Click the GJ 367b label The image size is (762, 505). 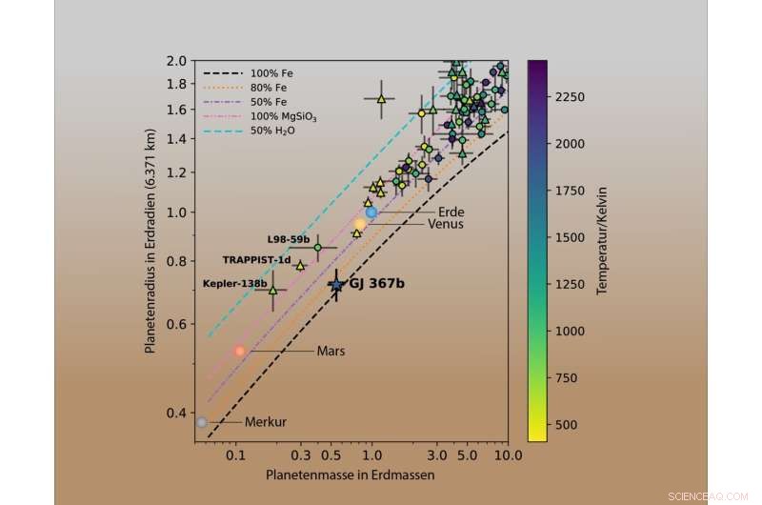(x=376, y=284)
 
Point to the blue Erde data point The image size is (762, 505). (x=371, y=212)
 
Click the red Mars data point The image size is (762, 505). (x=240, y=351)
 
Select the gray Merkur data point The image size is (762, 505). (x=201, y=422)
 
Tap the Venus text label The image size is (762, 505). (x=445, y=225)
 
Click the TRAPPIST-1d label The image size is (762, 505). (x=256, y=259)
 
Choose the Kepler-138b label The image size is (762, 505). (x=234, y=284)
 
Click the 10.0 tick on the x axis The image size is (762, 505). (x=506, y=454)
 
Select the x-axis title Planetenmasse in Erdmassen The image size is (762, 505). (x=351, y=475)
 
